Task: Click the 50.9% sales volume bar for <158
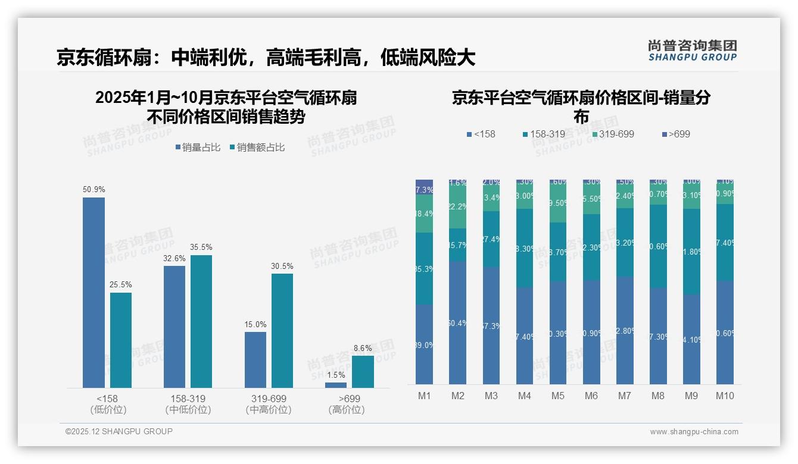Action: pyautogui.click(x=93, y=292)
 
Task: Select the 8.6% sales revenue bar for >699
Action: pyautogui.click(x=363, y=372)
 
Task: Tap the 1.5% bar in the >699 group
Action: pyautogui.click(x=336, y=385)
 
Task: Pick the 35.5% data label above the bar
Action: pyautogui.click(x=201, y=247)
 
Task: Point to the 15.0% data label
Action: pyautogui.click(x=255, y=324)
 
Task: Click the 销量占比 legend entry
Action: pyautogui.click(x=198, y=148)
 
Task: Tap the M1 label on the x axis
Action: pyautogui.click(x=424, y=396)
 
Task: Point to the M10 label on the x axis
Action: pyautogui.click(x=725, y=396)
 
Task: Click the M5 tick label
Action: pyautogui.click(x=557, y=396)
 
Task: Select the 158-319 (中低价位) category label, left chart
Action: pyautogui.click(x=188, y=404)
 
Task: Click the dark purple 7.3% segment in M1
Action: pyautogui.click(x=424, y=187)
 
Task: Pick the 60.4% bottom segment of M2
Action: pyautogui.click(x=457, y=322)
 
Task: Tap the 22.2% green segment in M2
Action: pyautogui.click(x=457, y=207)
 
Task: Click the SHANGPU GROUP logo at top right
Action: pyautogui.click(x=692, y=51)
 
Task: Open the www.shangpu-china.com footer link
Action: pyautogui.click(x=694, y=432)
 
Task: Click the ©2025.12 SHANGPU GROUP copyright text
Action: pyautogui.click(x=119, y=431)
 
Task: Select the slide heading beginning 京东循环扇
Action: pyautogui.click(x=266, y=58)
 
